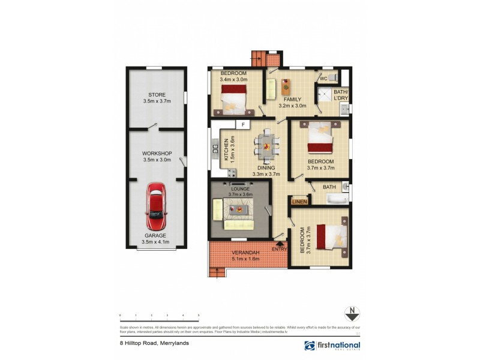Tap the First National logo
coord(332,346)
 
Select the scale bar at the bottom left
coord(159,316)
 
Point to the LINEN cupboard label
coord(299,202)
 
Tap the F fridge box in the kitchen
coord(243,125)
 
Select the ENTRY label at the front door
coord(280,249)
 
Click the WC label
coord(323,79)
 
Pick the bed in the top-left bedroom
coord(233,98)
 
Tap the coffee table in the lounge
coord(241,210)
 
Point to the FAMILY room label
coord(293,103)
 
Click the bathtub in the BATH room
coord(332,199)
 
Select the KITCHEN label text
coord(227,151)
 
